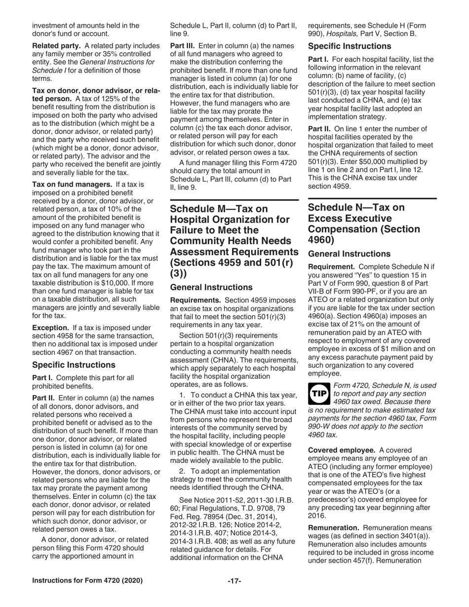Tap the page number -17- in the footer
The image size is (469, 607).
pos(234,581)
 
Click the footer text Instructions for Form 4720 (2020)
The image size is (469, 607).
pos(87,581)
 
